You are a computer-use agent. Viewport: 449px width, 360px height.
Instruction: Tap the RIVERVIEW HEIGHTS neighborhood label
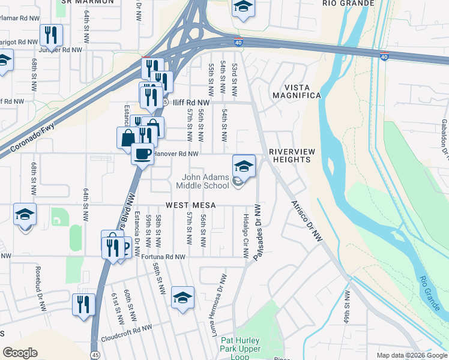292,155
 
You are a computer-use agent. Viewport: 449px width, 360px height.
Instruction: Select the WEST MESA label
191,205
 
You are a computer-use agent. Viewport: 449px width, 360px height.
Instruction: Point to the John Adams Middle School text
206,181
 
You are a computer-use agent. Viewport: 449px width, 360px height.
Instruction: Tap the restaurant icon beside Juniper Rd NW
51,35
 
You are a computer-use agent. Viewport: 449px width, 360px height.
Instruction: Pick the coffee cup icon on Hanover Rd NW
142,154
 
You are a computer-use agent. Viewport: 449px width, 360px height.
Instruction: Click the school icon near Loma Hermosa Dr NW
182,298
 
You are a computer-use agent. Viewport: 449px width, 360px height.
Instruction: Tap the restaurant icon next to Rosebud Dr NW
83,304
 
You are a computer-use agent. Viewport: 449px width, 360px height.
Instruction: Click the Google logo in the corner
20,353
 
